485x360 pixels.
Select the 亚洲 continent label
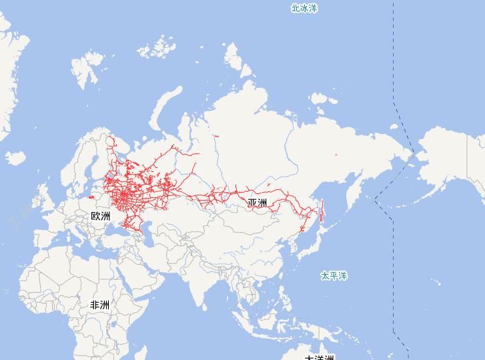coord(257,203)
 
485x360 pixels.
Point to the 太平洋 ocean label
coord(334,275)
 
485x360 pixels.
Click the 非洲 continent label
coord(99,305)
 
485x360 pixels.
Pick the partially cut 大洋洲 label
coord(319,357)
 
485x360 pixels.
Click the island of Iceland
coord(15,159)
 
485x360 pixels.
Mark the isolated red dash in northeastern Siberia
coord(336,155)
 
